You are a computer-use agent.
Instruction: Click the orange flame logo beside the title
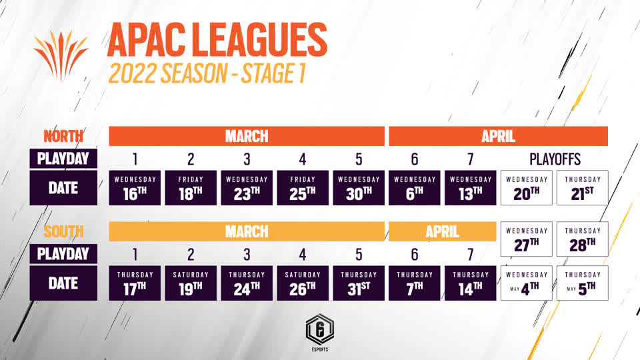[61, 56]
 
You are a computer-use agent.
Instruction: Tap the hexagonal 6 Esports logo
[320, 332]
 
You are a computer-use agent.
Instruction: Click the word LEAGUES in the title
[259, 40]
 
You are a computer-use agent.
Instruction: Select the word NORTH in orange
[63, 136]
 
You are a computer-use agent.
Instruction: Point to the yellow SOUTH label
[63, 231]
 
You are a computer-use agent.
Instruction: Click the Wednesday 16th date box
[135, 188]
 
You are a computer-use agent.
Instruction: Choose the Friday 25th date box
[303, 188]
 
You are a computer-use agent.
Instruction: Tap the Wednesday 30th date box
[359, 188]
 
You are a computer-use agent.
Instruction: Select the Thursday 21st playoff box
[583, 188]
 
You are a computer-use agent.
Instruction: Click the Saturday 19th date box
[191, 283]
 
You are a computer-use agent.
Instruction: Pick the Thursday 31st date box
[359, 283]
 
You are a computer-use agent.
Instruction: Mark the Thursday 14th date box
[470, 283]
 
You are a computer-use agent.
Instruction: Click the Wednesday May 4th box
[527, 283]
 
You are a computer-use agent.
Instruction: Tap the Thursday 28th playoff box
[583, 239]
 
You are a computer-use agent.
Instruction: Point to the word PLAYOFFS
[555, 159]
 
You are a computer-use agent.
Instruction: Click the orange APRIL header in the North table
[499, 136]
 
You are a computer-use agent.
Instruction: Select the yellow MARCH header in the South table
[247, 231]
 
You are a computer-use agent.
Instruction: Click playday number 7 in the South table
[470, 255]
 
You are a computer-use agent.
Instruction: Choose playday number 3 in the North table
[247, 159]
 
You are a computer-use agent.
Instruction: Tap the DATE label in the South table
[63, 283]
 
